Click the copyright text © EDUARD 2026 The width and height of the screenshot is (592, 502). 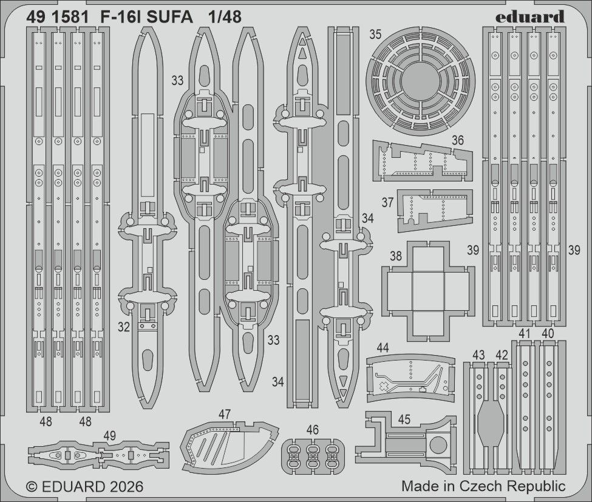[x=85, y=487]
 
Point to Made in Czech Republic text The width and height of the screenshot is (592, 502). [x=483, y=486]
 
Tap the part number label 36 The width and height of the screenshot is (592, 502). [x=457, y=140]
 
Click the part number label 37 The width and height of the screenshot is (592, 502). [x=388, y=202]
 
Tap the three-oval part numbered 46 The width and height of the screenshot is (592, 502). [x=313, y=455]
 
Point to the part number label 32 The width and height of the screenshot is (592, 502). [x=124, y=327]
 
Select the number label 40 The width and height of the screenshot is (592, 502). [x=547, y=333]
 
